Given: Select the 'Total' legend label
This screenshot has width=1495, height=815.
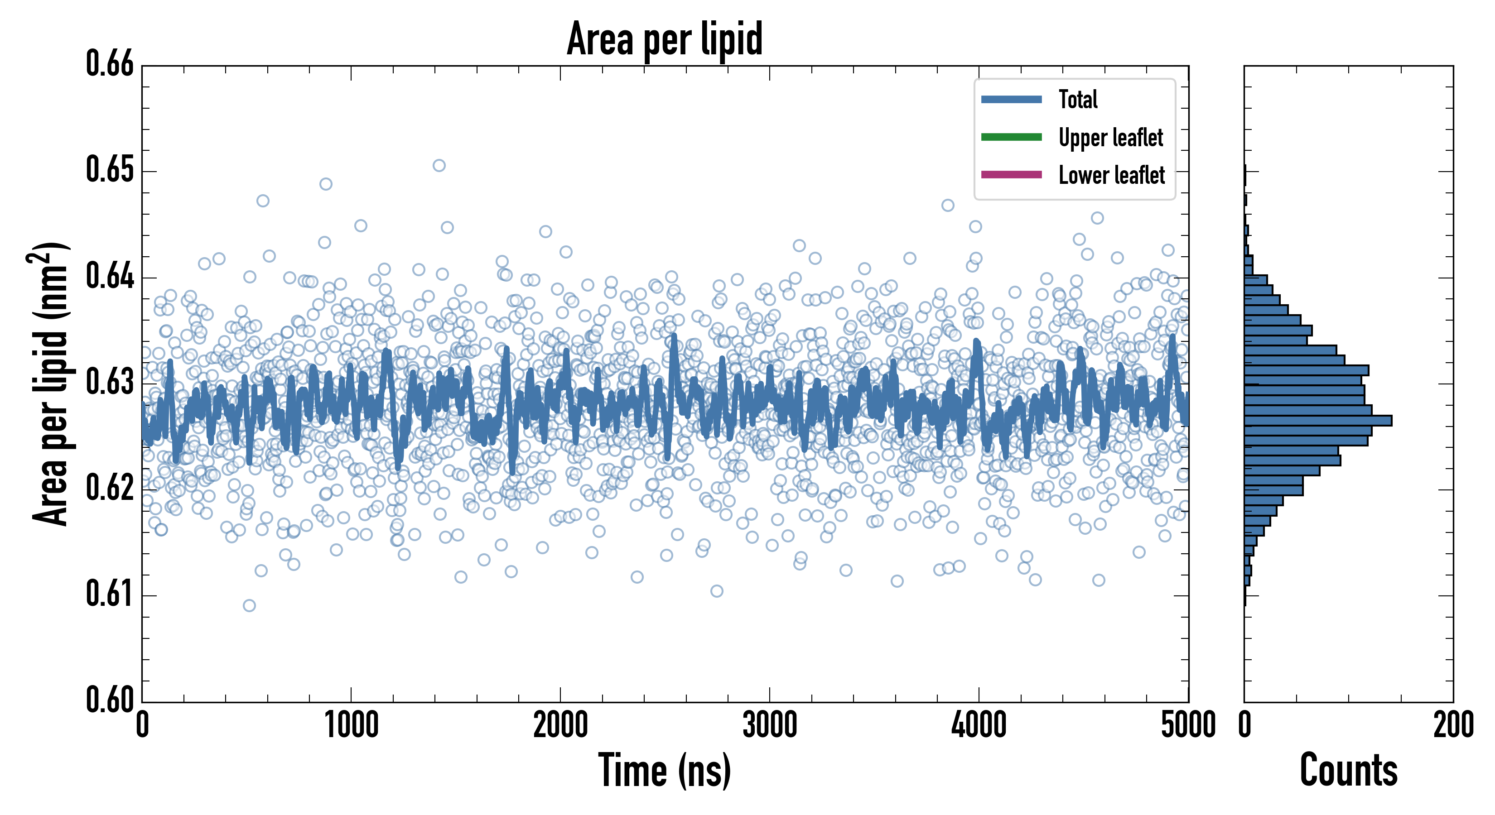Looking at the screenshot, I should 1078,99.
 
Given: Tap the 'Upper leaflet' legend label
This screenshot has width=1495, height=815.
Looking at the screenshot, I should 1111,138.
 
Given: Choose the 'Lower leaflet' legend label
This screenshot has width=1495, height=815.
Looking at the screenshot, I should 1111,175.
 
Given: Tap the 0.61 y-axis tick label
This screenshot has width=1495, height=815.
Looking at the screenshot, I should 110,594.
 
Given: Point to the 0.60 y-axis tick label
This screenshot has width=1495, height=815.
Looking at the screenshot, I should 110,700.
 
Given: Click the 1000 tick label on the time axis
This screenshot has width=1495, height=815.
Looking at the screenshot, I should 351,725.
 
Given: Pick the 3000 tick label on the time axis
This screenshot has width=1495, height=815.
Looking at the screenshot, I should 770,725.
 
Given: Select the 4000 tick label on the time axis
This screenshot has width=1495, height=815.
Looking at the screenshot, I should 979,725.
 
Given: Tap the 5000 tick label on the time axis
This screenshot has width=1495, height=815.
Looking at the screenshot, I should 1188,725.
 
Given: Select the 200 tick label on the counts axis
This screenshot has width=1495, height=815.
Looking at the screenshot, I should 1452,725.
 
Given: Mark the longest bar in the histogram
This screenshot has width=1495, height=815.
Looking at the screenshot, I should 1317,421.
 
